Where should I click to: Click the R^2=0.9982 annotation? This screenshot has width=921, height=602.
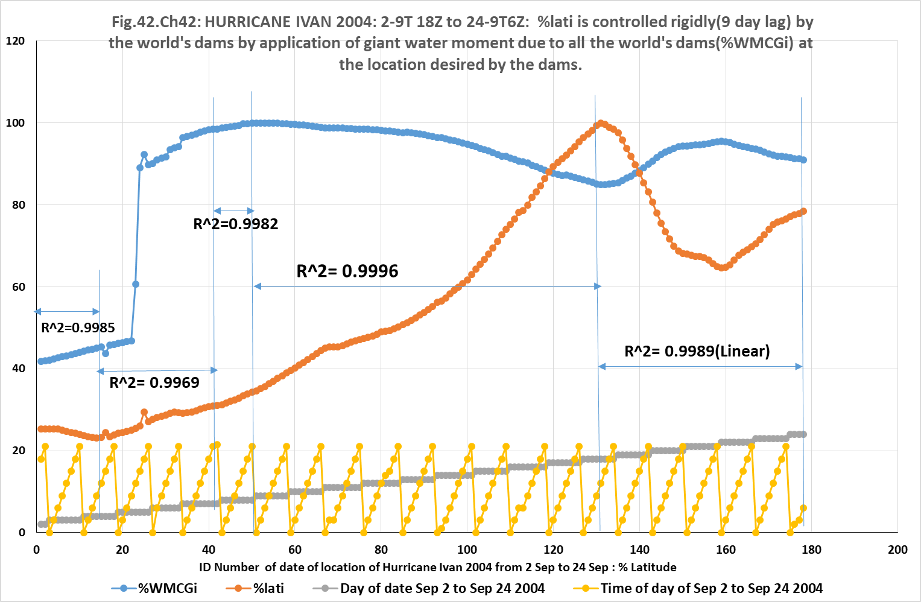coord(235,224)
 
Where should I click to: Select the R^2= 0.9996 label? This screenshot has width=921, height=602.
coord(347,271)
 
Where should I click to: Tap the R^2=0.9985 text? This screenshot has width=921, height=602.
coord(78,328)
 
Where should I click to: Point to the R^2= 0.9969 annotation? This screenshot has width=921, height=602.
coord(154,382)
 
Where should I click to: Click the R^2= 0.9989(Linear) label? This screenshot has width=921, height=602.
coord(697,351)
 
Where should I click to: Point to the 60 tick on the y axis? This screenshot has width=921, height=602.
coord(19,287)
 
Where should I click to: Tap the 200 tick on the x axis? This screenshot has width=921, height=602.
coord(897,550)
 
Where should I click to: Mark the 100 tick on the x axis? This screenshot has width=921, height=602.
coord(467,550)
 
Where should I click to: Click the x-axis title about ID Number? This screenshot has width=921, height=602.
coord(437,567)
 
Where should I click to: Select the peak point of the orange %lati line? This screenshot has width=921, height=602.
coord(601,123)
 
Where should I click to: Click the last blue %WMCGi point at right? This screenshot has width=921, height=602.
coord(803,160)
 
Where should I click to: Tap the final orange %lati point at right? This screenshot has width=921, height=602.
coord(803,211)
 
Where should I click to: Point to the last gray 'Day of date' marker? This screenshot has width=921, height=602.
coord(803,434)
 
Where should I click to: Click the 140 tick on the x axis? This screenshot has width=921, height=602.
coord(639,550)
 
